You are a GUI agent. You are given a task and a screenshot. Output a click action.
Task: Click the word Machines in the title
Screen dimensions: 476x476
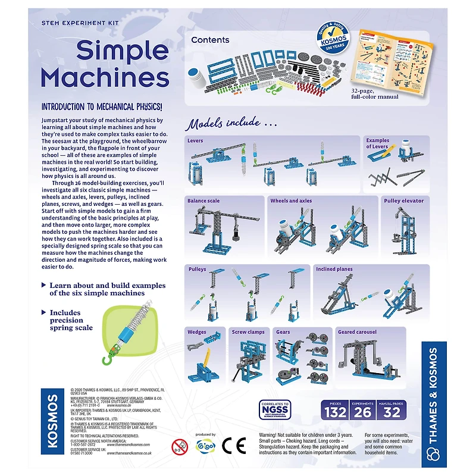(x=105, y=77)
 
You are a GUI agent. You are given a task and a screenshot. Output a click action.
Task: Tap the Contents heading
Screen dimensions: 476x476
(x=210, y=40)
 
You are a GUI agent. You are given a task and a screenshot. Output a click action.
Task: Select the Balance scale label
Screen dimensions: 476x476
(x=203, y=201)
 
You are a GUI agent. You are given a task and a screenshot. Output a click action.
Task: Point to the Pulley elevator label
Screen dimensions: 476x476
(x=404, y=201)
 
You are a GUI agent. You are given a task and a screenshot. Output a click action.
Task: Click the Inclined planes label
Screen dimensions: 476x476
(x=334, y=269)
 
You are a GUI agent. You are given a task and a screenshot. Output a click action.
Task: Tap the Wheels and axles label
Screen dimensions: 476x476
(x=291, y=201)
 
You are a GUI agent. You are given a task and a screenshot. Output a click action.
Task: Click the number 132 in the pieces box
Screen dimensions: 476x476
(x=334, y=412)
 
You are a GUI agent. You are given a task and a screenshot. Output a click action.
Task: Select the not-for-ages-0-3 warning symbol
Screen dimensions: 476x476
(x=179, y=447)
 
